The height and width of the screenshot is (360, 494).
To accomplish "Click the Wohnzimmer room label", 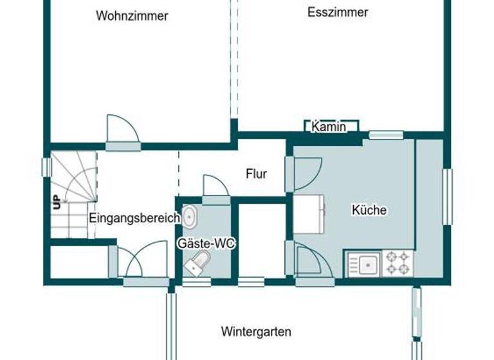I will click(x=132, y=16).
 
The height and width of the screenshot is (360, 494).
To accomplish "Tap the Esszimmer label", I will click(x=338, y=12).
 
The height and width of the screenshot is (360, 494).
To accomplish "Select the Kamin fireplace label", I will click(x=329, y=127).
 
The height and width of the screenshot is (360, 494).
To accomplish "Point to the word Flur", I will click(x=256, y=174).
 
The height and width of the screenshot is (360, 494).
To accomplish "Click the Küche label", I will click(x=369, y=210).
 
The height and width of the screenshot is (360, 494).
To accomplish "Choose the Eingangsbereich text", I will click(x=134, y=218).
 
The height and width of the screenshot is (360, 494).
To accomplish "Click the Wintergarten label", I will click(x=256, y=332).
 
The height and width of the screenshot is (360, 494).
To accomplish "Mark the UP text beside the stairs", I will click(x=57, y=202).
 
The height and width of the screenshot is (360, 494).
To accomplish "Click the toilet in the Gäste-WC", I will click(x=197, y=262).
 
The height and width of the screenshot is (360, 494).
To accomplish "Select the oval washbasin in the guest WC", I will click(x=189, y=216).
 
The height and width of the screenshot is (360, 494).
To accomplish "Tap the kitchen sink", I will click(x=364, y=264).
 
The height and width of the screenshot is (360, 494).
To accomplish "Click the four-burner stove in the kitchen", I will click(x=397, y=263).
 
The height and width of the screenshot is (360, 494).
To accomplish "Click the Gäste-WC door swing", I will click(x=215, y=186).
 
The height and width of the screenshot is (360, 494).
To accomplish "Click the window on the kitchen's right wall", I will click(x=447, y=197).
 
